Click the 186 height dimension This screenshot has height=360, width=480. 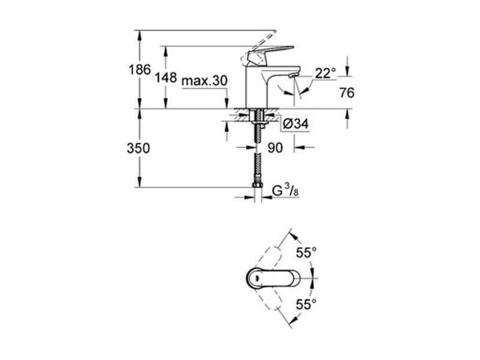[x=140, y=70]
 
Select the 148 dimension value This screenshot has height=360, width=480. [x=166, y=77]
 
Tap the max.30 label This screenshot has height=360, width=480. [x=205, y=81]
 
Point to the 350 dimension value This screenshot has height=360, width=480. [x=139, y=148]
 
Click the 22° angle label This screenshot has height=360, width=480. [x=325, y=73]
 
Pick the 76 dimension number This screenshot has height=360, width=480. [x=347, y=92]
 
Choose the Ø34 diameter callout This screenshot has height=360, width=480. [x=296, y=124]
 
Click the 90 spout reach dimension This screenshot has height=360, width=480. [x=275, y=148]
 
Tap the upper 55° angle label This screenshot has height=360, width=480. [x=306, y=253]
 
